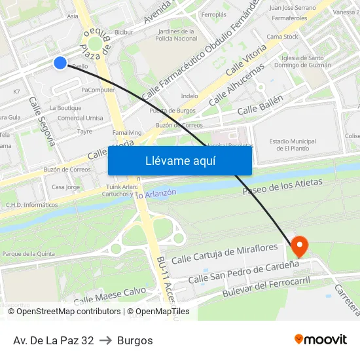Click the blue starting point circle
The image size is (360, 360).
(x=60, y=63)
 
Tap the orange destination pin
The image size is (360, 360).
(x=300, y=246)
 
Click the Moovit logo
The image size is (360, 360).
(x=321, y=340)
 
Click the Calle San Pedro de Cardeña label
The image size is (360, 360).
(x=243, y=273)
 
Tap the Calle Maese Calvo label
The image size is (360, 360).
(x=109, y=295)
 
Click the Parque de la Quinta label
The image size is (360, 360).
(x=27, y=253)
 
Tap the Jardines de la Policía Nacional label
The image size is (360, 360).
(x=177, y=35)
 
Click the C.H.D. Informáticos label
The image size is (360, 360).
(x=31, y=205)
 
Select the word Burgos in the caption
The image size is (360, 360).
(x=135, y=340)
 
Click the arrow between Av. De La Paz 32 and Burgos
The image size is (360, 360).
(x=105, y=340)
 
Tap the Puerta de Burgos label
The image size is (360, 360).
(x=172, y=111)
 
